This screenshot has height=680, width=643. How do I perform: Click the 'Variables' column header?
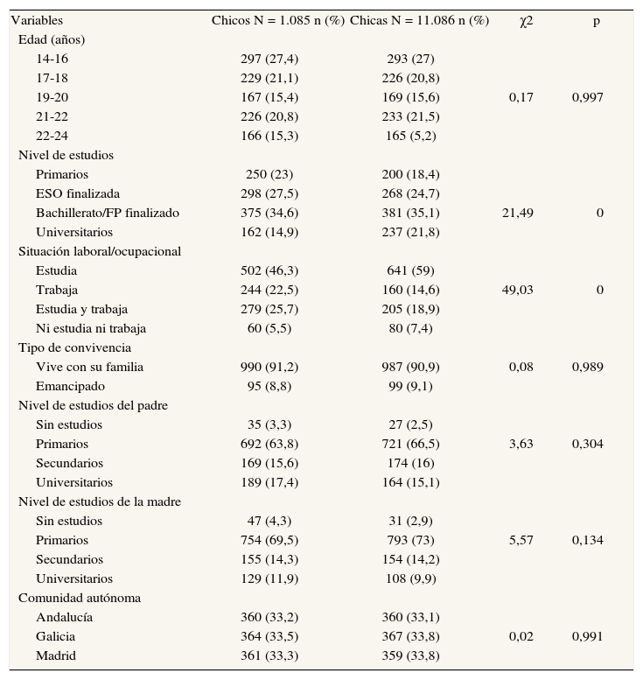37,20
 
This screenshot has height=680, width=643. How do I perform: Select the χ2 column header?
526,20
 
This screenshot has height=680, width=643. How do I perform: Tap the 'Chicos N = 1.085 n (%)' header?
277,20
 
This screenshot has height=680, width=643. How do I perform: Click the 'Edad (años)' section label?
52,39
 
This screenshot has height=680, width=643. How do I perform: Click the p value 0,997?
587,97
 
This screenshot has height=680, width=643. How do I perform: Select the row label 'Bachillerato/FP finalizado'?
108,213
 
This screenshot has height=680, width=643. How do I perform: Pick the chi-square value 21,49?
518,213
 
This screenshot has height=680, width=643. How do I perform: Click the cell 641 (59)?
410,270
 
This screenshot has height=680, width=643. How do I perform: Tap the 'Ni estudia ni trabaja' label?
91,328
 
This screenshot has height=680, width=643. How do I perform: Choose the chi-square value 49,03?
518,290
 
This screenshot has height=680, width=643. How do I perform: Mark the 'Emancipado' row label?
70,386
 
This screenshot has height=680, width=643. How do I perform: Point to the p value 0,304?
587,444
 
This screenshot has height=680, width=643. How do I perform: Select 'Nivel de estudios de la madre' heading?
100,501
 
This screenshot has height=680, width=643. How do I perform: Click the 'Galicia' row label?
55,636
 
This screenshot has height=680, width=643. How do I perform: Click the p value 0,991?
587,636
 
